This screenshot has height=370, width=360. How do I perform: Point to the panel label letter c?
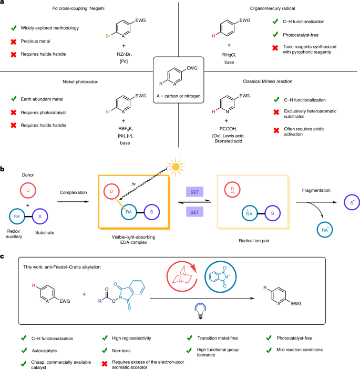(x=4, y=256)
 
